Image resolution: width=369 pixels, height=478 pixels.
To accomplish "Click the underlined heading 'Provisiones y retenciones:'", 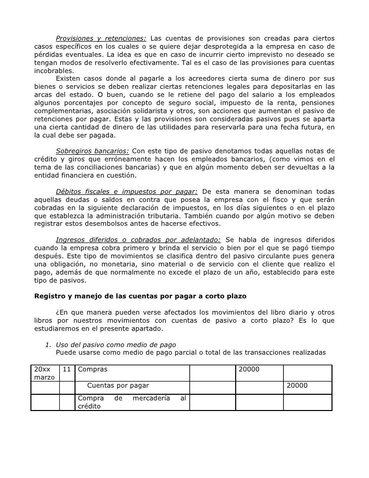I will click(x=101, y=39).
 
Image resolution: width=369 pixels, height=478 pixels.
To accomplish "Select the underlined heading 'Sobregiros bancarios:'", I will click(x=92, y=151).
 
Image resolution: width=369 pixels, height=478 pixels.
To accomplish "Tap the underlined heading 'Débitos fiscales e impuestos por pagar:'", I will click(x=127, y=191).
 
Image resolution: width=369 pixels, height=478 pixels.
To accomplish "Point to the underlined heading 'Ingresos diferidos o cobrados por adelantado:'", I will click(x=138, y=240).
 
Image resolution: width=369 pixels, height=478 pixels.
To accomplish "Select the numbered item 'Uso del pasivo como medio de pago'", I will click(x=116, y=345).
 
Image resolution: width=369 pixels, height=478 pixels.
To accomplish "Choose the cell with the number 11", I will click(x=66, y=369).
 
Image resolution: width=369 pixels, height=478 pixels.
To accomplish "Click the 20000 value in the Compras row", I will click(x=249, y=369).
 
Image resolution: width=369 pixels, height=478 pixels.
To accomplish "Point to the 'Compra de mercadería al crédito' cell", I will click(x=132, y=402).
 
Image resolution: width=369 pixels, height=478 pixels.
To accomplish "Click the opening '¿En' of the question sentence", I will click(x=61, y=312).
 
